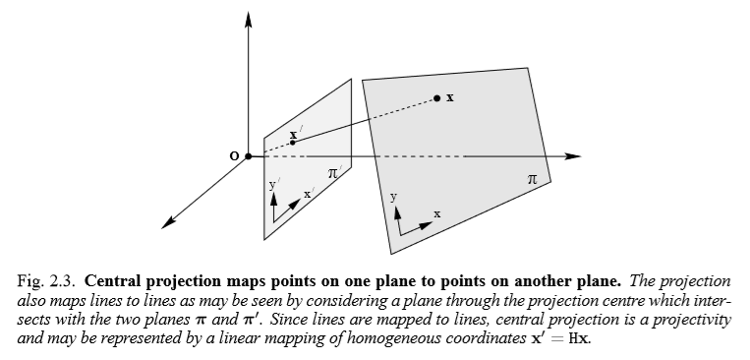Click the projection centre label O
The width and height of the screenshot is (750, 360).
233,156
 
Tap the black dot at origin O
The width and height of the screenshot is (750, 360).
249,156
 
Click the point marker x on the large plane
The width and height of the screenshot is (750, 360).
437,97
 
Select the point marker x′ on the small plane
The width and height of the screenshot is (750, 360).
293,142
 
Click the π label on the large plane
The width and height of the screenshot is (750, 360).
532,179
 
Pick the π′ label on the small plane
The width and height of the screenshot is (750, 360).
334,172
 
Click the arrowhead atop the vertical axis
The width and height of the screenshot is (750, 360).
249,20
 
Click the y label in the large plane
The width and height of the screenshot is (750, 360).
394,197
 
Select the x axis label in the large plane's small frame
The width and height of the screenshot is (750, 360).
437,213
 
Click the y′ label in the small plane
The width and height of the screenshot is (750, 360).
273,183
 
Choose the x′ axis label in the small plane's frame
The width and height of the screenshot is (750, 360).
308,195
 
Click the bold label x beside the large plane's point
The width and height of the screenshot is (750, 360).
450,97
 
